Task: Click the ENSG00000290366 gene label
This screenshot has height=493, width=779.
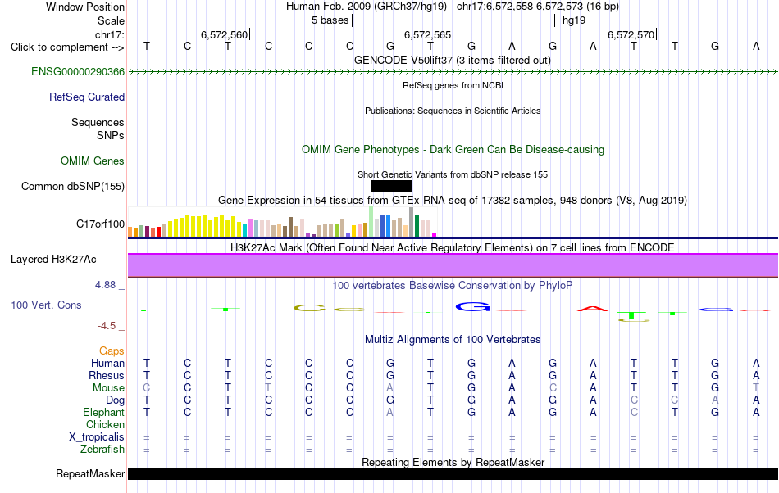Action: pos(78,71)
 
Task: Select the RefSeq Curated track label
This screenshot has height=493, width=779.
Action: pos(87,97)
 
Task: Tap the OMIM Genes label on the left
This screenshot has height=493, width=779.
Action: pos(93,161)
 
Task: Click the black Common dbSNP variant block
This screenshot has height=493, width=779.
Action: pos(392,187)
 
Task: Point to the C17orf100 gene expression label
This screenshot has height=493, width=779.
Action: pos(100,224)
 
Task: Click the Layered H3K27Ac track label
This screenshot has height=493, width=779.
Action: pos(53,260)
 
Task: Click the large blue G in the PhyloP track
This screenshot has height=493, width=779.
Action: pos(472,307)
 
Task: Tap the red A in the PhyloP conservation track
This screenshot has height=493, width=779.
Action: pos(593,309)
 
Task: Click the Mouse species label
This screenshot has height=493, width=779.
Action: pos(108,388)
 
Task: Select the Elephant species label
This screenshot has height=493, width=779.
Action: pos(104,413)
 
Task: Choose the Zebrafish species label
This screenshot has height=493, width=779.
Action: pos(102,450)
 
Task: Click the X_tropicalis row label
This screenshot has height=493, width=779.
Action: pos(97,437)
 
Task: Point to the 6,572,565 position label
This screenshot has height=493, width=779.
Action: pos(427,34)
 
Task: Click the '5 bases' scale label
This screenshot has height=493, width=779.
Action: pos(330,20)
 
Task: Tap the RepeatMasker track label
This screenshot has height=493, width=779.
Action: pos(90,473)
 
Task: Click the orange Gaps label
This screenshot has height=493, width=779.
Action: pos(112,351)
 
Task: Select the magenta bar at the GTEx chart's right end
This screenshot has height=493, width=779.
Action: pos(435,234)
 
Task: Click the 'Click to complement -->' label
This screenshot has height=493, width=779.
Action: pos(67,47)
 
